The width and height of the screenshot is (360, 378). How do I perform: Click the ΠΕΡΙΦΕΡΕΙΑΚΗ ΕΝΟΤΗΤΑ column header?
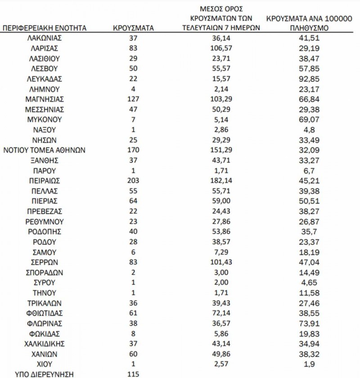(44, 28)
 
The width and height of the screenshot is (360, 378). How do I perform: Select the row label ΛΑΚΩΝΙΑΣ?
(44, 38)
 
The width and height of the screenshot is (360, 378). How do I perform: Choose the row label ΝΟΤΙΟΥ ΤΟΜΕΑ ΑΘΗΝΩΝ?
(44, 150)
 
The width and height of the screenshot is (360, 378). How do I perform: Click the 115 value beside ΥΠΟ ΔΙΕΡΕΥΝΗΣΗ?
(133, 373)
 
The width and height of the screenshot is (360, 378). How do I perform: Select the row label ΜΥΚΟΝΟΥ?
(44, 120)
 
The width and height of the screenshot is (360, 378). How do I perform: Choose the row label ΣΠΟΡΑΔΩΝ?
(44, 272)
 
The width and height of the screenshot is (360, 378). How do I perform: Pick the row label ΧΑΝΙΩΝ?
(44, 354)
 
